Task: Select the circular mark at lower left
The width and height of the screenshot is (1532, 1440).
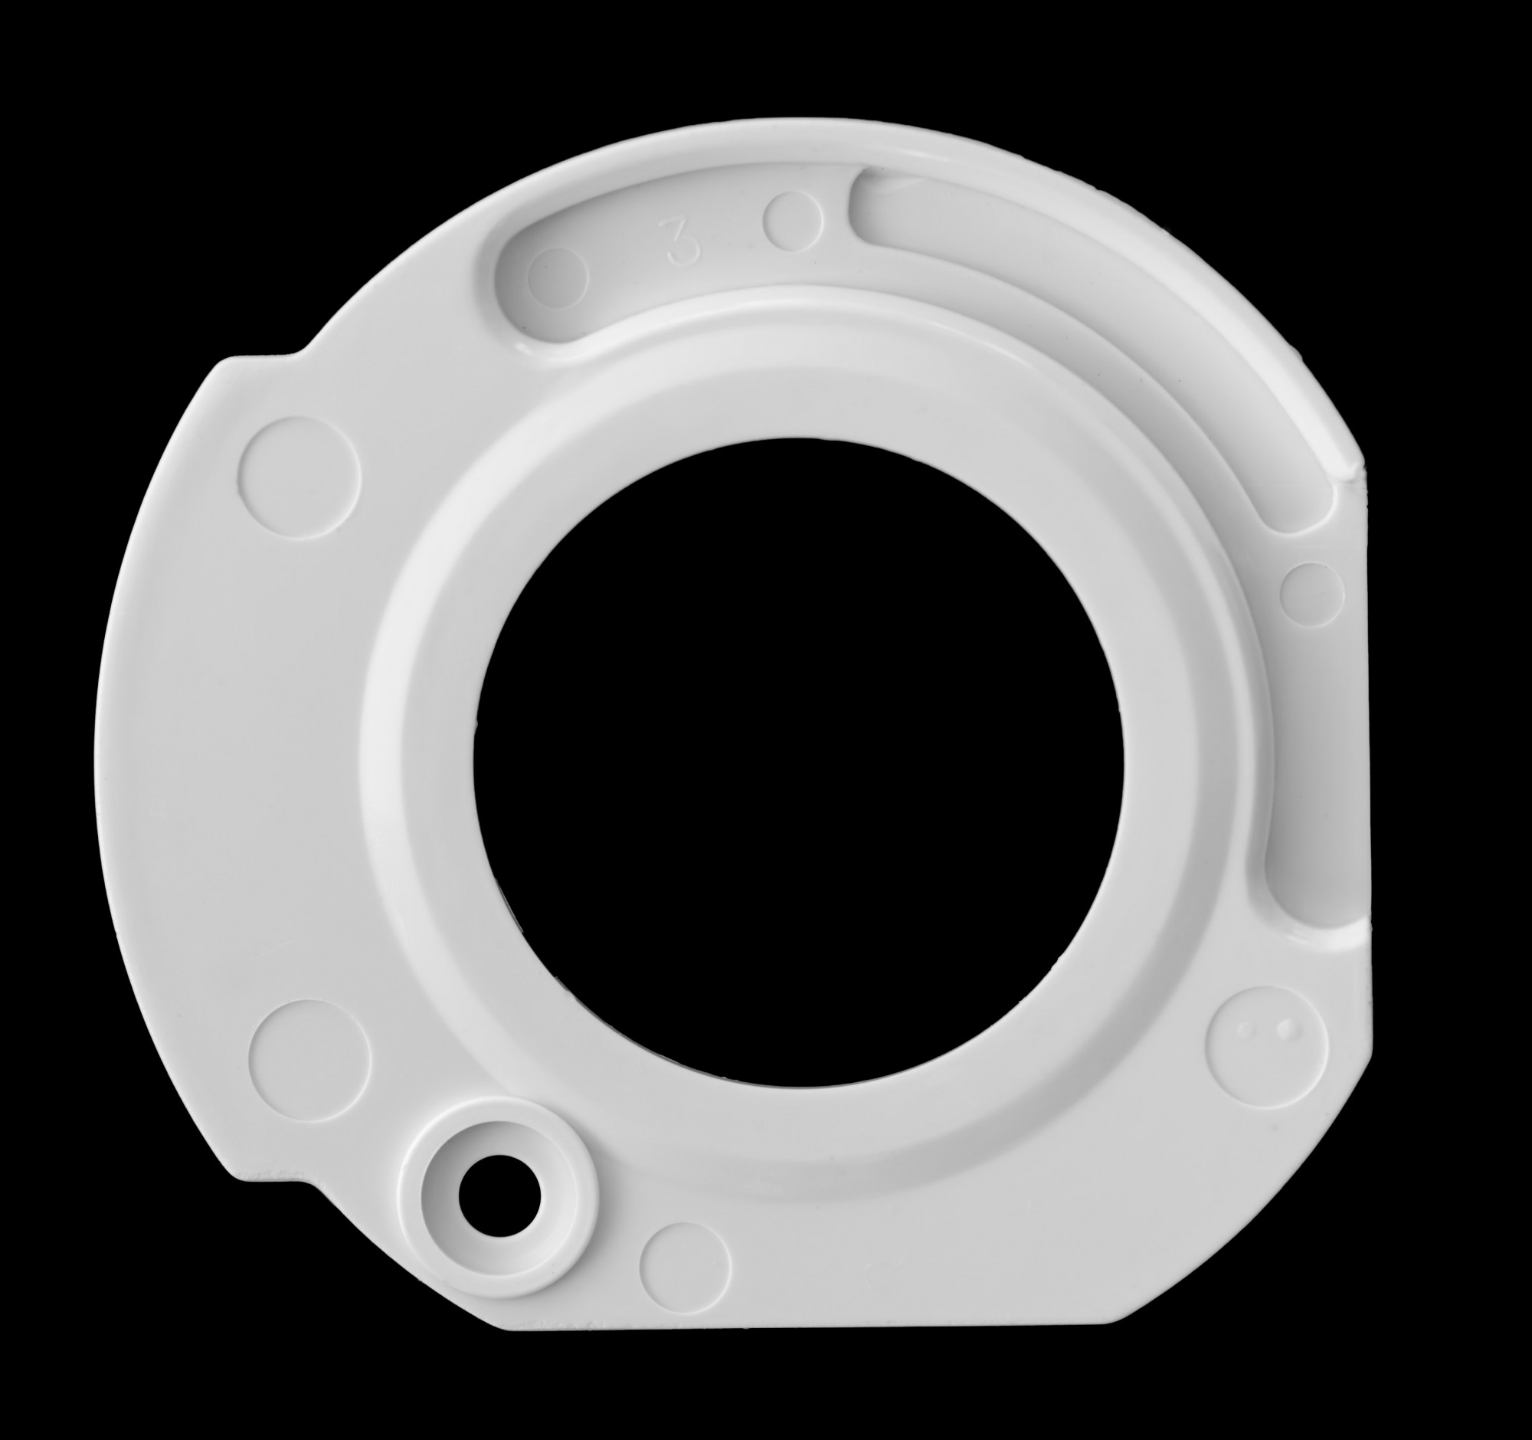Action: (x=310, y=1059)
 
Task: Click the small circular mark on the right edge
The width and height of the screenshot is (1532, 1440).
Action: (x=1311, y=594)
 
